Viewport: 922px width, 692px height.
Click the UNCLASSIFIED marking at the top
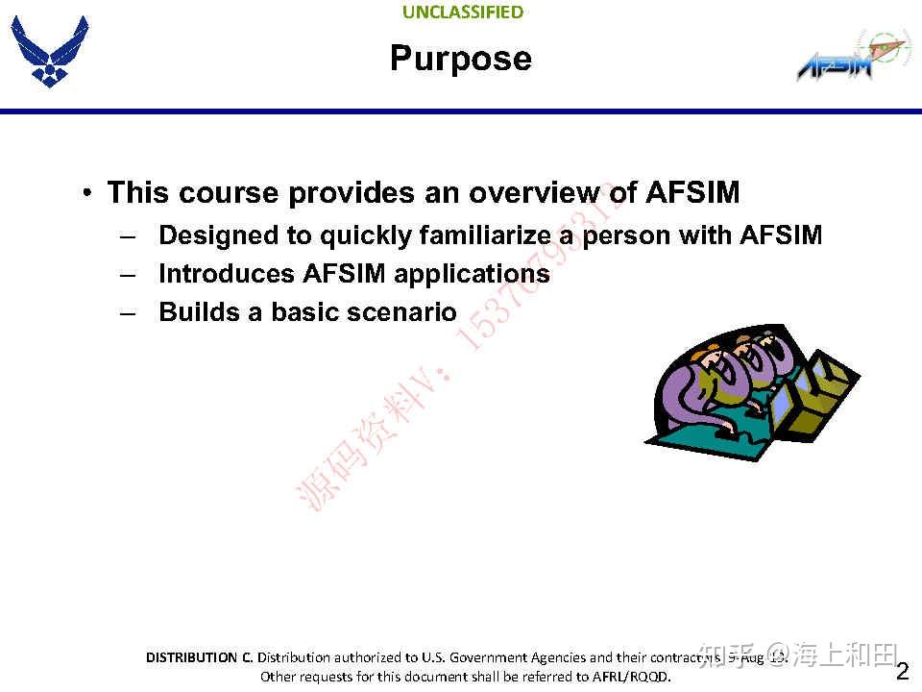click(x=463, y=12)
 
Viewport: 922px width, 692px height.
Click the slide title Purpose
click(x=461, y=59)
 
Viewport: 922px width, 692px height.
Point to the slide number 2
click(x=902, y=670)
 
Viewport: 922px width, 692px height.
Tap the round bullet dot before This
click(x=87, y=193)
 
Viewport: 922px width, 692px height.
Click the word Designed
click(x=218, y=235)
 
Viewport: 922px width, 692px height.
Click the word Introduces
click(x=227, y=274)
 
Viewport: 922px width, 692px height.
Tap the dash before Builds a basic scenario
click(x=129, y=312)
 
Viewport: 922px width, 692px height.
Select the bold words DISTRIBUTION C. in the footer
click(x=199, y=657)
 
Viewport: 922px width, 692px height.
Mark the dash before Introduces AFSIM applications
click(x=129, y=274)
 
